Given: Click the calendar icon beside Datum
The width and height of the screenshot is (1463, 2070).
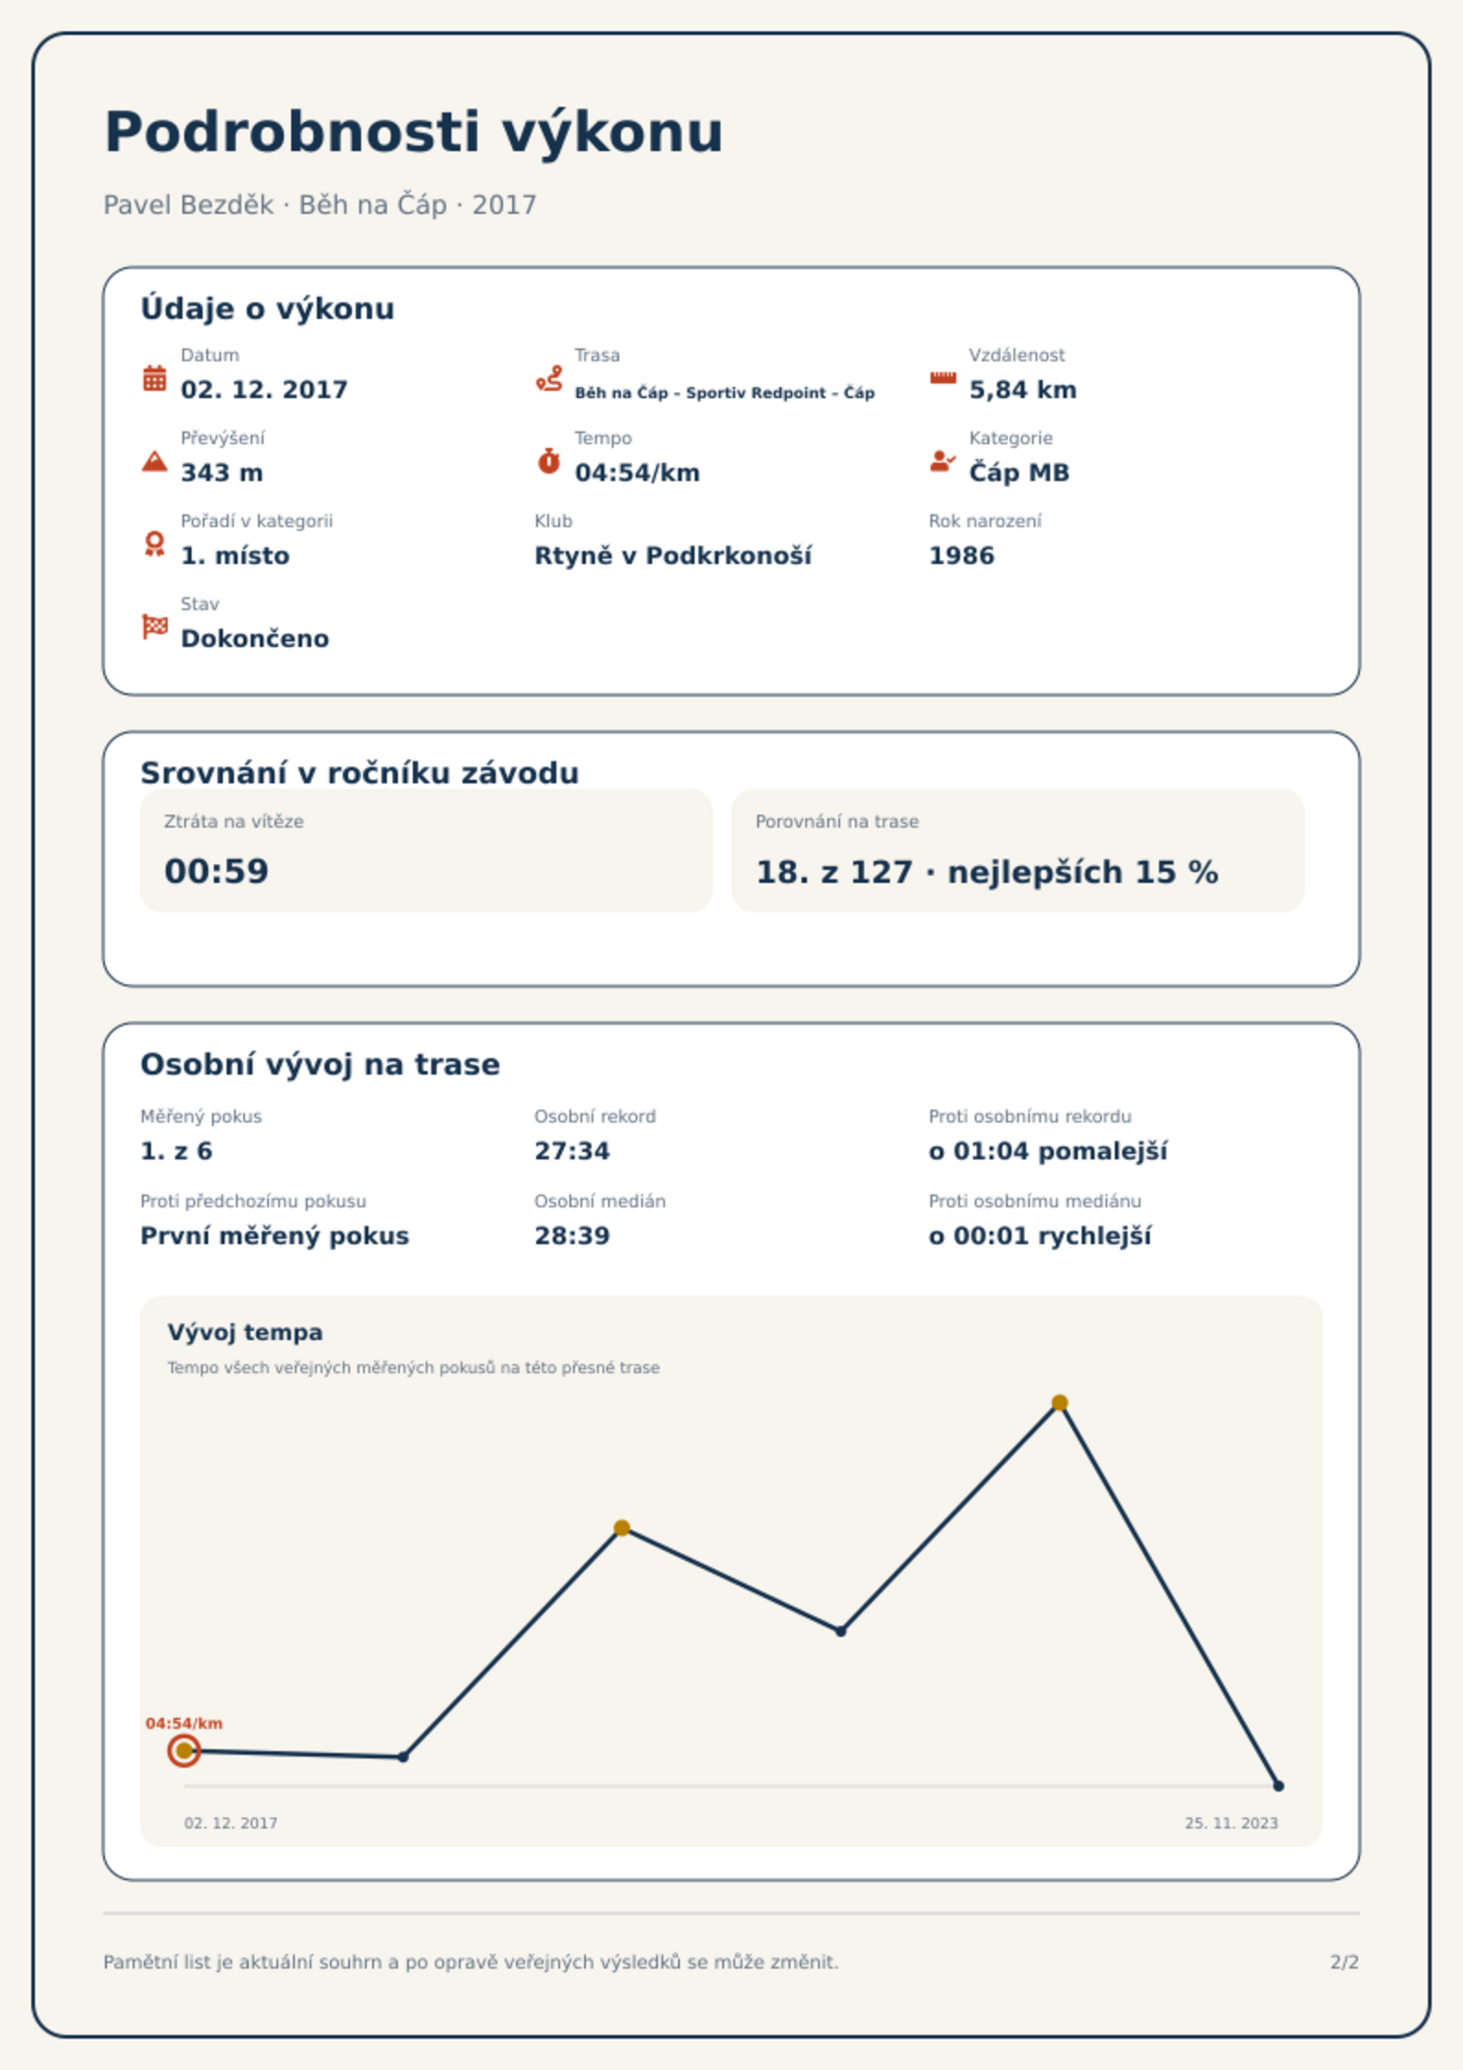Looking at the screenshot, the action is tap(155, 378).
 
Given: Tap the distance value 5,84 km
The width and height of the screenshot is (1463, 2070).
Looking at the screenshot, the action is tap(1023, 390).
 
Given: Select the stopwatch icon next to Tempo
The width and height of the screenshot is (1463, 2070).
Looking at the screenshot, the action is tap(549, 461).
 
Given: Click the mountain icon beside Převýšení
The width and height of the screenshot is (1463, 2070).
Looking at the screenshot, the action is tap(155, 461).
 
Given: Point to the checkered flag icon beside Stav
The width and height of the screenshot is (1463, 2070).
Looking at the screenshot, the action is tap(155, 627).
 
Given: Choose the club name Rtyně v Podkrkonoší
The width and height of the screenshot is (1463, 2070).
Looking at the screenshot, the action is tap(673, 556).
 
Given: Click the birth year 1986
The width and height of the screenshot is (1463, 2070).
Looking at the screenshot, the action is tap(962, 556).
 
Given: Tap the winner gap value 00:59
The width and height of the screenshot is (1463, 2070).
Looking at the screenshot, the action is tap(217, 871).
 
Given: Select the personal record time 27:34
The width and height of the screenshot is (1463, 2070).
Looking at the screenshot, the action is tap(572, 1151).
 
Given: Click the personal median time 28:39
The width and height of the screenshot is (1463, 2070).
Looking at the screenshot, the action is tap(572, 1236).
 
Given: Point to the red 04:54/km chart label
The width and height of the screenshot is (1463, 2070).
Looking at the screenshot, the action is tap(184, 1723).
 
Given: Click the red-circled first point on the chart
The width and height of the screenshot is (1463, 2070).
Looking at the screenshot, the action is tap(184, 1750).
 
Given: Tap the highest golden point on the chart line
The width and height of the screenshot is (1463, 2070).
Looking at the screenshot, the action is tap(1059, 1403).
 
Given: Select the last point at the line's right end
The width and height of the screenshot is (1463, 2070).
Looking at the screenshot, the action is tap(1279, 1786).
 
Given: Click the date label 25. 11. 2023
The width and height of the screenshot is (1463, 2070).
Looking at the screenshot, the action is tap(1232, 1823).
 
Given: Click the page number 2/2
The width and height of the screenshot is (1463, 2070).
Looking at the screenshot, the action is tap(1344, 1962).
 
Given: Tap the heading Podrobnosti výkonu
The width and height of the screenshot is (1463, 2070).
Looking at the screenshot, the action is tap(414, 132).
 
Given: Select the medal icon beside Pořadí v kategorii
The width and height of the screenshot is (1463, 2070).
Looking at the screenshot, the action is tap(155, 544).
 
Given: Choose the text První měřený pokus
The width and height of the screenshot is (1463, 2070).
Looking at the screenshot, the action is tap(275, 1236).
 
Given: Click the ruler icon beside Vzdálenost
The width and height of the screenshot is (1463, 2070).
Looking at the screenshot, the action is tap(943, 378).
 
